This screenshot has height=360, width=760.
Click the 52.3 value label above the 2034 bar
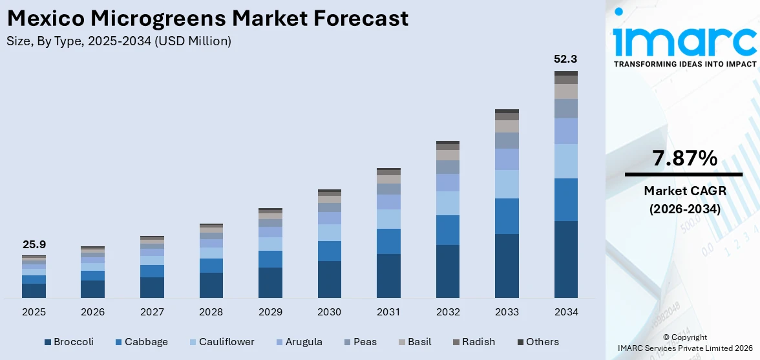pos(565,59)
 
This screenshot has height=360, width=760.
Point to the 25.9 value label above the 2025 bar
pos(34,244)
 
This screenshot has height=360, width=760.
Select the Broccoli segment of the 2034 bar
pos(565,259)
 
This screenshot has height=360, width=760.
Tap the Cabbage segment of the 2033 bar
pos(507,216)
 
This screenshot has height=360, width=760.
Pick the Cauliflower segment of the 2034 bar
pos(565,161)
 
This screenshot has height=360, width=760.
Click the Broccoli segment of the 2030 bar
pos(329,279)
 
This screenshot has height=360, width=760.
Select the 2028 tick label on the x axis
pos(211,312)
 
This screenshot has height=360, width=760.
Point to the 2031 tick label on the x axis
pos(388,312)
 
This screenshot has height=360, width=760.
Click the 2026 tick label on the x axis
pos(92,312)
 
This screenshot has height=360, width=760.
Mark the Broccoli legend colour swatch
pos(47,342)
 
